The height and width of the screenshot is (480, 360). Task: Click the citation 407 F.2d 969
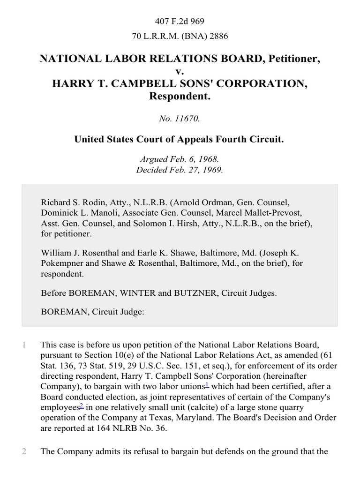point(180,21)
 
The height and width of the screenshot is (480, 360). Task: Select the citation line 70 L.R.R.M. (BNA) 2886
point(180,35)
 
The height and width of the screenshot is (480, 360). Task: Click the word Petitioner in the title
point(293,59)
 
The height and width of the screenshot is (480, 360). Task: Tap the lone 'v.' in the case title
point(180,71)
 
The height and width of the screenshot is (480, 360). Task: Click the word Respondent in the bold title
point(180,97)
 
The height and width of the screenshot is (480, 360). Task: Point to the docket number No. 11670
point(180,119)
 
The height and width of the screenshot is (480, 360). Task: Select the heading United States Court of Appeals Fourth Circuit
point(180,140)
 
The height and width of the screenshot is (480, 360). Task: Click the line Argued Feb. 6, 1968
point(180,160)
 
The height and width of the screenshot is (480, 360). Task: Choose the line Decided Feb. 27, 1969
point(180,170)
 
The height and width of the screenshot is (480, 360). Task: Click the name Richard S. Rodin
point(70,203)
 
